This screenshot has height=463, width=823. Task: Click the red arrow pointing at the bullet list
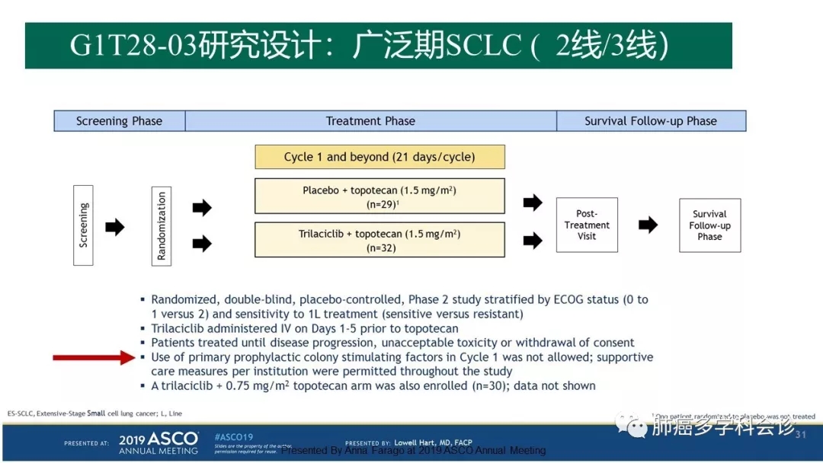click(x=93, y=357)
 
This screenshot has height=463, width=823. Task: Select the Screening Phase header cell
click(x=120, y=121)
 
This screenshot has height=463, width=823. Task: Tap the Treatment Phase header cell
click(x=370, y=121)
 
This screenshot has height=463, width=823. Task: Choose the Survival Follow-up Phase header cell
click(x=651, y=121)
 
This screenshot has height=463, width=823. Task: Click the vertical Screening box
click(x=83, y=225)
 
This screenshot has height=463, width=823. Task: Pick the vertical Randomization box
click(x=161, y=226)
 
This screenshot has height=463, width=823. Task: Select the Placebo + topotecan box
click(x=379, y=196)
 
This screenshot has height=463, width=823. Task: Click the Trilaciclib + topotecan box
click(x=379, y=240)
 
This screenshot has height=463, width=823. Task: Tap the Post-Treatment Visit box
click(x=587, y=225)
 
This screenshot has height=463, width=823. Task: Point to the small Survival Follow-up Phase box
click(x=709, y=225)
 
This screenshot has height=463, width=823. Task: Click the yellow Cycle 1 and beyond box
click(x=379, y=157)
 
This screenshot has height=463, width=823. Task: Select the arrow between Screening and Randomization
click(x=114, y=226)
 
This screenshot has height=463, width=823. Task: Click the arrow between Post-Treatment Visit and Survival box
click(x=648, y=225)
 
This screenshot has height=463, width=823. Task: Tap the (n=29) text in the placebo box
click(x=378, y=204)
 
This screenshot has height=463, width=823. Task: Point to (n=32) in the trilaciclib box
click(x=379, y=248)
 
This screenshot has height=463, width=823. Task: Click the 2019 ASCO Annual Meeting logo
click(x=159, y=442)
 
